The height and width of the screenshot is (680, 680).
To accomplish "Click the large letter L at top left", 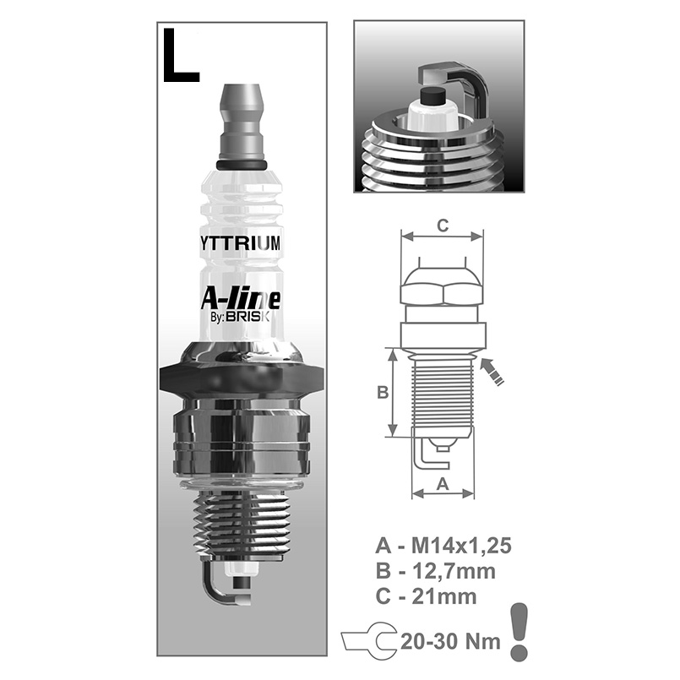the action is (180, 56).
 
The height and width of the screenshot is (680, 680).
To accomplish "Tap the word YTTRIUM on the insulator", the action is (241, 243).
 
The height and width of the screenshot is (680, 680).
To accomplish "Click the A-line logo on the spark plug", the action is (241, 299).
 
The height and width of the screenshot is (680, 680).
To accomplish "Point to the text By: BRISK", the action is (240, 317).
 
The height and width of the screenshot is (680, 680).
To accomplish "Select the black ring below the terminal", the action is (242, 165).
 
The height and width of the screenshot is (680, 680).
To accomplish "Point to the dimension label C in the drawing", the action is (443, 226).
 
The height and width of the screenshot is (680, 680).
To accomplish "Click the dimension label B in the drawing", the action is (383, 393).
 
